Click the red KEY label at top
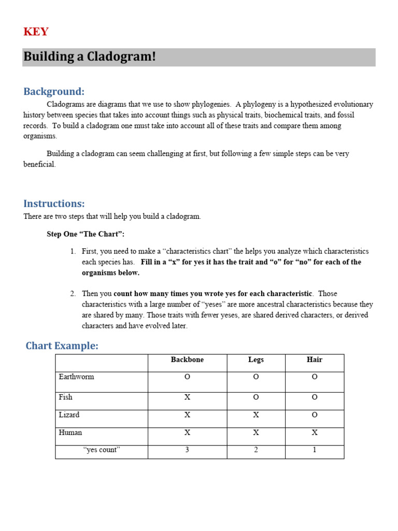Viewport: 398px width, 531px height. pos(36,32)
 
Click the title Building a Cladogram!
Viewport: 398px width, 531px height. pos(90,57)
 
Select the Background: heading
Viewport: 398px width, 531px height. pos(54,92)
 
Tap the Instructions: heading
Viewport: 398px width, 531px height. pos(54,203)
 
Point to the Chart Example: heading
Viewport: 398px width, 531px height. pos(62,346)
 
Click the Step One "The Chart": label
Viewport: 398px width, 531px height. pos(86,234)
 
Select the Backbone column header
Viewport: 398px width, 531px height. pos(187,360)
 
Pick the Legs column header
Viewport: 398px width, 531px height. pos(256,360)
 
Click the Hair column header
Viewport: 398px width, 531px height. pos(314,360)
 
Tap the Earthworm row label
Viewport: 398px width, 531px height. pos(76,377)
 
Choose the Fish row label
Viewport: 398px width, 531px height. pos(66,397)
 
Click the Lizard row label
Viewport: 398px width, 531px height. pos(69,415)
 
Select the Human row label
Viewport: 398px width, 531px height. pos(70,432)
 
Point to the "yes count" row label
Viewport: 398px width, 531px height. pos(102,450)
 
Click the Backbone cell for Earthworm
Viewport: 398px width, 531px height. pos(187,378)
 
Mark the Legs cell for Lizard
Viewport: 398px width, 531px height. pos(256,415)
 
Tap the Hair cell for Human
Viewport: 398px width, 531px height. pos(314,432)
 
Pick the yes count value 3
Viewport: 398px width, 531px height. pos(187,450)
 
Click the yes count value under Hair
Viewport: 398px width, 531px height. pos(314,450)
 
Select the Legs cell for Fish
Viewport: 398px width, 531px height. pos(256,398)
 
